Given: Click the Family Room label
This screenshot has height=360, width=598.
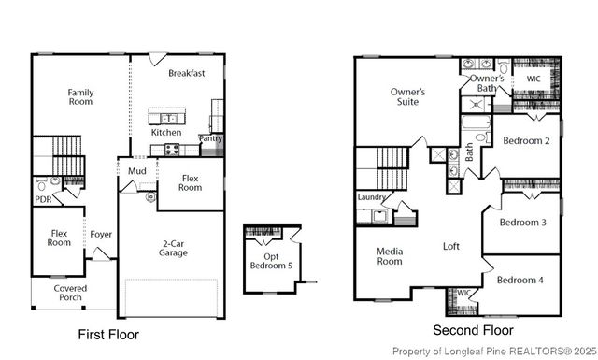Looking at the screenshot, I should [x=79, y=97].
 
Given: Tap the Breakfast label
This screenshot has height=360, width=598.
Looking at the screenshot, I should [x=186, y=73].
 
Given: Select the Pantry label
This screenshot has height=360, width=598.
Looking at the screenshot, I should [x=211, y=138].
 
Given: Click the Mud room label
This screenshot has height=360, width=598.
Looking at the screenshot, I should [x=136, y=171].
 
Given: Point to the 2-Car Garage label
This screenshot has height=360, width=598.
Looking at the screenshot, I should [x=173, y=247].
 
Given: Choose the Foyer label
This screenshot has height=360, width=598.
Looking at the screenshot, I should [x=101, y=234].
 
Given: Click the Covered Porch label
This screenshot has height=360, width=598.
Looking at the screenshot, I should [x=70, y=294].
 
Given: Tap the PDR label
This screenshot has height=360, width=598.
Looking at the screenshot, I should [x=43, y=199].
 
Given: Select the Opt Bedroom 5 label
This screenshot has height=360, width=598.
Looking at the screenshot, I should [x=277, y=261].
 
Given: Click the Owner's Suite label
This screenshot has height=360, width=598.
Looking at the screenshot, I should [x=407, y=96].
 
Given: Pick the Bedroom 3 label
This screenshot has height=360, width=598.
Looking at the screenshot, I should [x=522, y=223].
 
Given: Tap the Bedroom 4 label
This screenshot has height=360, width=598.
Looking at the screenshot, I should [x=519, y=281].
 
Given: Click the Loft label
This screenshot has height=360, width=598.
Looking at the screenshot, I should [x=451, y=246].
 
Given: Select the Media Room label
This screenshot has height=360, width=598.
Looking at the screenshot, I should [x=389, y=256].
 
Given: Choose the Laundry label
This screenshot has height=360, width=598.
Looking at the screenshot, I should [x=372, y=197].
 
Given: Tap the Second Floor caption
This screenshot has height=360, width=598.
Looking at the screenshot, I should [x=474, y=330].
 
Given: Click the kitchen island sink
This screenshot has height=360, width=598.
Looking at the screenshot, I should [x=169, y=119].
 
